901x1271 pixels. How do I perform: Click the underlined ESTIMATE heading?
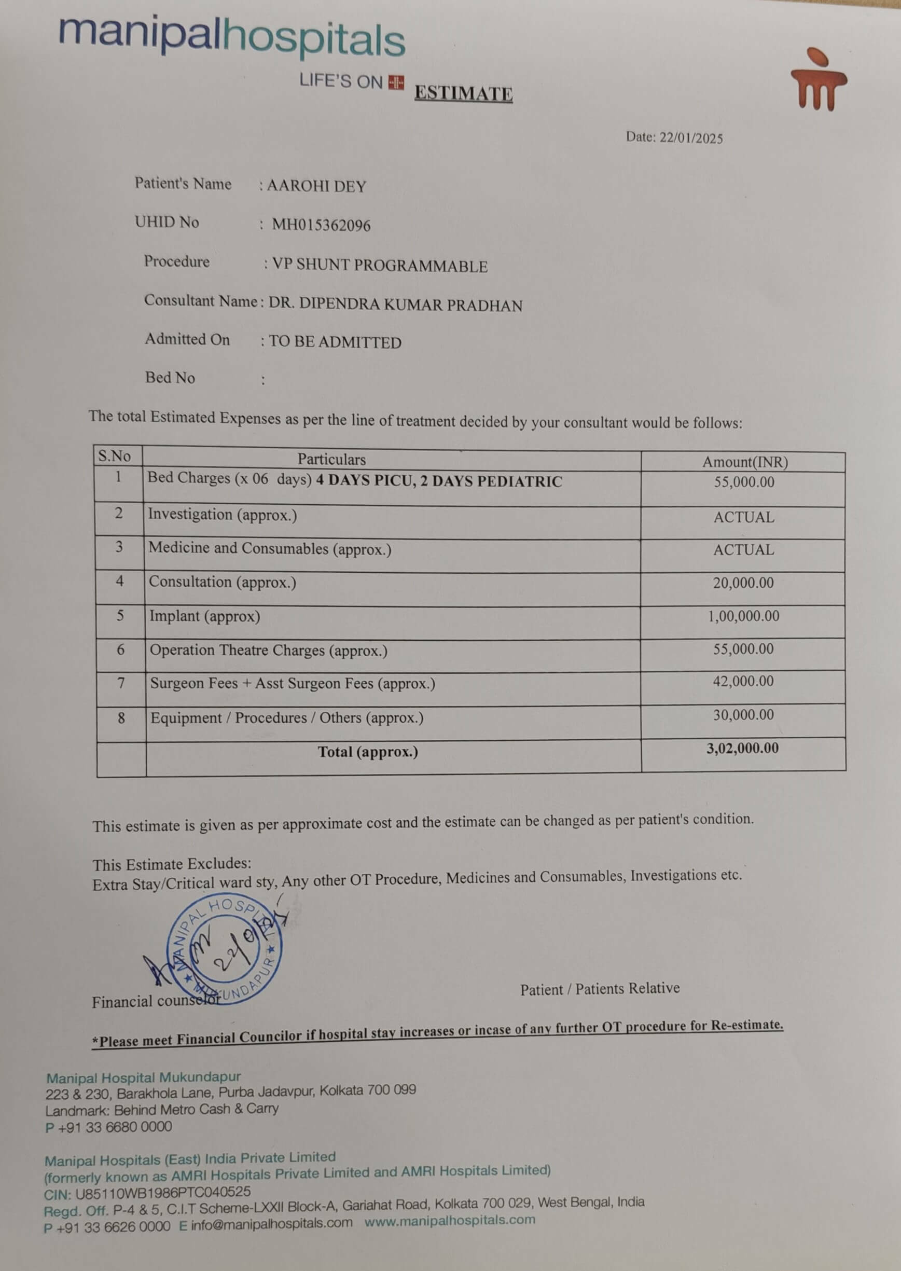[x=463, y=93]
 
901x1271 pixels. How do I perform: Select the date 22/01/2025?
[x=691, y=138]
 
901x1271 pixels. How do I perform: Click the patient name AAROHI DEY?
[x=316, y=186]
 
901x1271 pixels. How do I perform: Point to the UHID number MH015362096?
[x=321, y=225]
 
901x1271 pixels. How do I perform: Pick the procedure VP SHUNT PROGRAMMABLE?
[x=380, y=266]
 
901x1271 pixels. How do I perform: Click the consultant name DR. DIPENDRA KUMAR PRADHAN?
[x=395, y=305]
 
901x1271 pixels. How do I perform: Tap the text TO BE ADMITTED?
[x=335, y=342]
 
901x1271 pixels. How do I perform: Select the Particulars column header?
[x=331, y=459]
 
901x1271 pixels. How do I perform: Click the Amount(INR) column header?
[x=744, y=462]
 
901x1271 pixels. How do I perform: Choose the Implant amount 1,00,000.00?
[x=743, y=616]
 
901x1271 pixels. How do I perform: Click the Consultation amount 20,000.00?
[x=743, y=583]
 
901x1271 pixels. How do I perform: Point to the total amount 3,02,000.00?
[x=742, y=749]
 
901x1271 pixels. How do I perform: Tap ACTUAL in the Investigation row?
[x=743, y=518]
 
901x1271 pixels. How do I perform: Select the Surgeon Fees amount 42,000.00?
[x=743, y=681]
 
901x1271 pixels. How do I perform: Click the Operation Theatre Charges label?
[x=269, y=651]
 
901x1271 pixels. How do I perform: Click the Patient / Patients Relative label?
[x=600, y=989]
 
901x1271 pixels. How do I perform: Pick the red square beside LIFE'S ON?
[x=396, y=82]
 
